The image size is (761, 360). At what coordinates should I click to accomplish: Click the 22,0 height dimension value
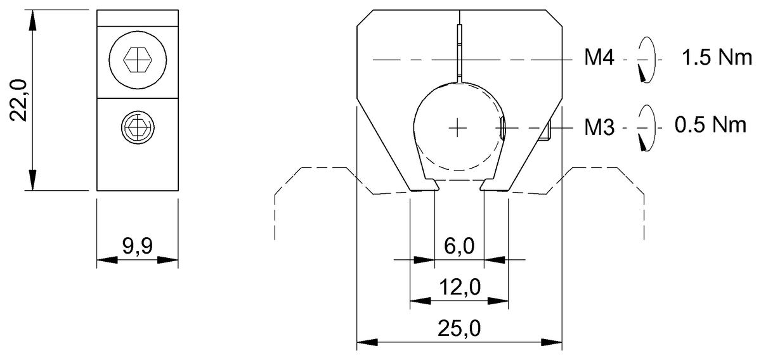[18, 100]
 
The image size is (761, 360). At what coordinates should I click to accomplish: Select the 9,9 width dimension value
[138, 246]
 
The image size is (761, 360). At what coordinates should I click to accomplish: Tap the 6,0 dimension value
[459, 246]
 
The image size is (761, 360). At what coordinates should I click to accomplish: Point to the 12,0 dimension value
[460, 287]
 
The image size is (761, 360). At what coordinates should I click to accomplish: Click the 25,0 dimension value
[459, 328]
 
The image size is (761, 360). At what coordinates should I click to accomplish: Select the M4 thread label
[599, 57]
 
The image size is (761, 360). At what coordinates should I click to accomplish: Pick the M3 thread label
[599, 127]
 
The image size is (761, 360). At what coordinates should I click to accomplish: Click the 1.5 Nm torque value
[717, 57]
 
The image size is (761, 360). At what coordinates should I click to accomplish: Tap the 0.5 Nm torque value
[710, 125]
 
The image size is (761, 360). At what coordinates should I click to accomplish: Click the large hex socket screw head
[138, 60]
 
